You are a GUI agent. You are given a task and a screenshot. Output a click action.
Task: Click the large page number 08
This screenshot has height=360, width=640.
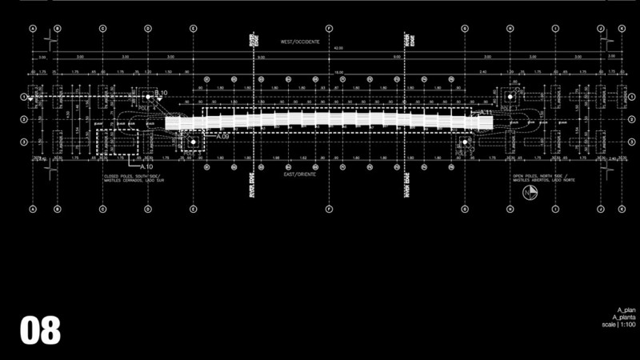[x=40, y=330]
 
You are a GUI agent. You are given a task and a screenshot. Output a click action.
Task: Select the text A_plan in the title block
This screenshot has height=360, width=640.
[x=625, y=309]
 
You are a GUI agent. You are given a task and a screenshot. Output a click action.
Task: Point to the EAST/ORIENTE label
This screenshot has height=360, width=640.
[x=300, y=174]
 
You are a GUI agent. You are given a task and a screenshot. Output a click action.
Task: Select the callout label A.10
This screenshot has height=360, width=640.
[x=146, y=166]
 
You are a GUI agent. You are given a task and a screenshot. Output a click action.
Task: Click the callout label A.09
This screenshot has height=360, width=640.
[x=223, y=137]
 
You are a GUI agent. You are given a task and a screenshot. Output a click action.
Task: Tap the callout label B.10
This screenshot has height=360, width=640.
[x=161, y=94]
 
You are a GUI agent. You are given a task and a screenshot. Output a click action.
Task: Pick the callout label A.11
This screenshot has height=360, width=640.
[x=486, y=113]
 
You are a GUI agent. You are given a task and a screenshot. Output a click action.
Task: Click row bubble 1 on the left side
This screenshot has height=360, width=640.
[x=23, y=97]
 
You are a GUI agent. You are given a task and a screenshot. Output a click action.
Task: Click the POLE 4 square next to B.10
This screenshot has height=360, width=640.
[x=146, y=97]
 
